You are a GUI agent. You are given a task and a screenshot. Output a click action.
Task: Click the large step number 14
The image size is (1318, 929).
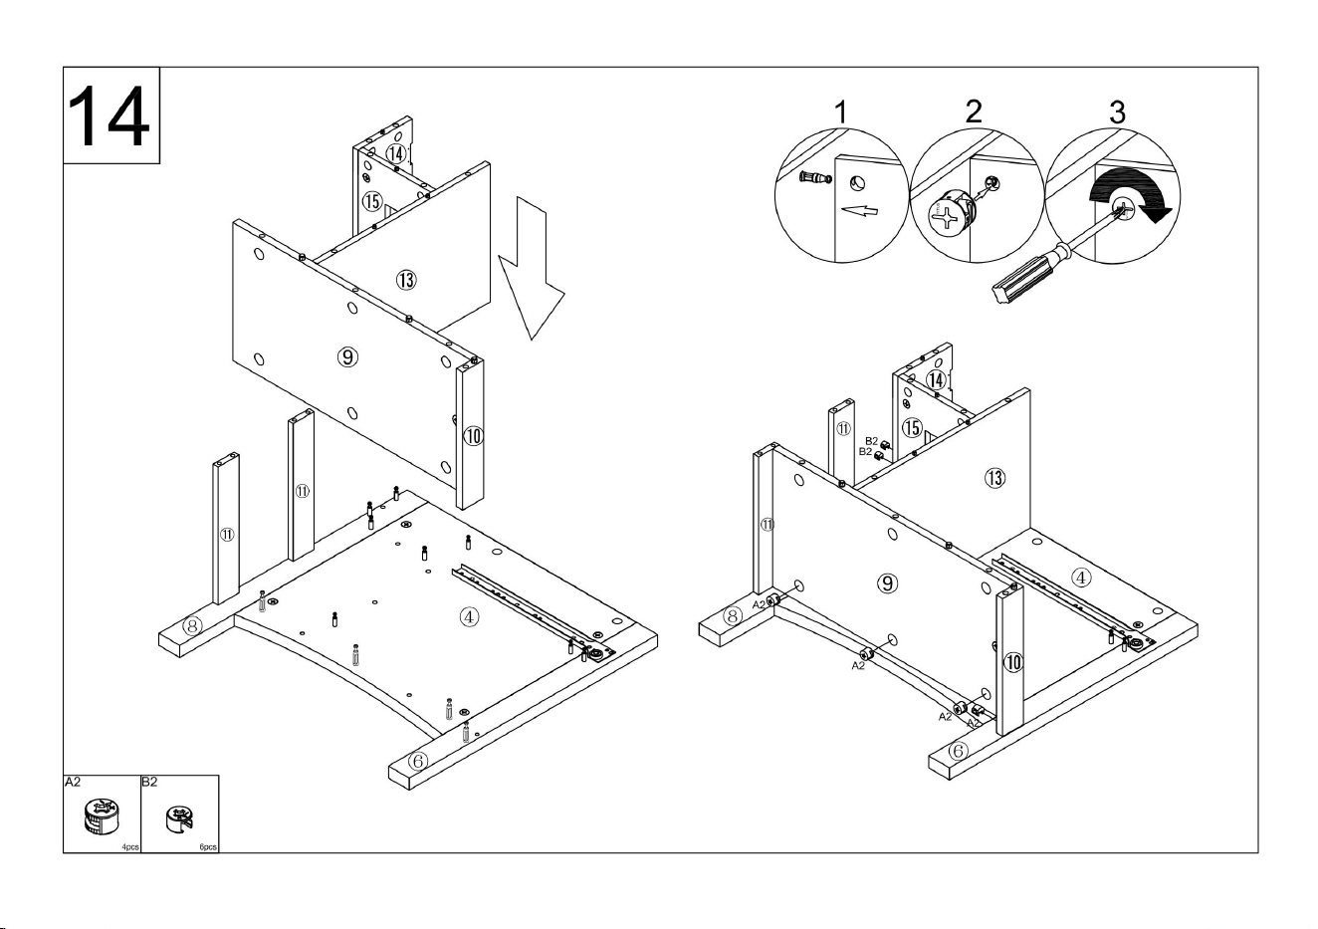pyautogui.click(x=109, y=116)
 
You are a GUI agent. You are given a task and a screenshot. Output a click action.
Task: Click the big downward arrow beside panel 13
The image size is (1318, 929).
pyautogui.click(x=532, y=269)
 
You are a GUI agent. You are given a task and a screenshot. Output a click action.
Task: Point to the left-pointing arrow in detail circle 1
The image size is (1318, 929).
pyautogui.click(x=860, y=210)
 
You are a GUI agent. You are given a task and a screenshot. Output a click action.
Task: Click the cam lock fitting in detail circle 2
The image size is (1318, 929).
pyautogui.click(x=950, y=214)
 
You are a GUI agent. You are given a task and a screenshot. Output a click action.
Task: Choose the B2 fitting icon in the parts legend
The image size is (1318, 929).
pyautogui.click(x=179, y=818)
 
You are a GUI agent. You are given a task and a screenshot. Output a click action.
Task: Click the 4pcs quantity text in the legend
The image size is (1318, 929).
pyautogui.click(x=130, y=847)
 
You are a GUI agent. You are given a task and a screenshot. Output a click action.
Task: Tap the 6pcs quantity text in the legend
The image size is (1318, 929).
pyautogui.click(x=208, y=847)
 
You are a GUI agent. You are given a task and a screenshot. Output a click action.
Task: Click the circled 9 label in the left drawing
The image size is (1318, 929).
pyautogui.click(x=347, y=356)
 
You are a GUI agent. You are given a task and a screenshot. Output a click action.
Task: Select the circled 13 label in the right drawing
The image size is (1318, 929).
pyautogui.click(x=995, y=478)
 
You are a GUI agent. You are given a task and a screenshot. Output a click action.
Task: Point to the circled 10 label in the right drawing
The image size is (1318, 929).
pyautogui.click(x=1013, y=662)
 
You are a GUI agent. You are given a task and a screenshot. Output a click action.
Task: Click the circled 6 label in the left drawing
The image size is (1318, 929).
pyautogui.click(x=418, y=761)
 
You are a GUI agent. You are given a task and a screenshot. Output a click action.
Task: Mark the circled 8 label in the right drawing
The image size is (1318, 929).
pyautogui.click(x=732, y=616)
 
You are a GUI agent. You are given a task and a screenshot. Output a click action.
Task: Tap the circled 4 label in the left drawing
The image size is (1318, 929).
pyautogui.click(x=468, y=617)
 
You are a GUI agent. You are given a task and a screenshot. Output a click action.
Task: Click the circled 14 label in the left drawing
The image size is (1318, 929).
pyautogui.click(x=396, y=153)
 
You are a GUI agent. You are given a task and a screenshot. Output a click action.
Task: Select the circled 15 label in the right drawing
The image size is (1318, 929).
pyautogui.click(x=913, y=427)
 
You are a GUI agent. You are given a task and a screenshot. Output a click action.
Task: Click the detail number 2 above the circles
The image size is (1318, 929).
pyautogui.click(x=974, y=112)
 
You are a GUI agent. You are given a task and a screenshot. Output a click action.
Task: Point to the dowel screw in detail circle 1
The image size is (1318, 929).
pyautogui.click(x=816, y=176)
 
